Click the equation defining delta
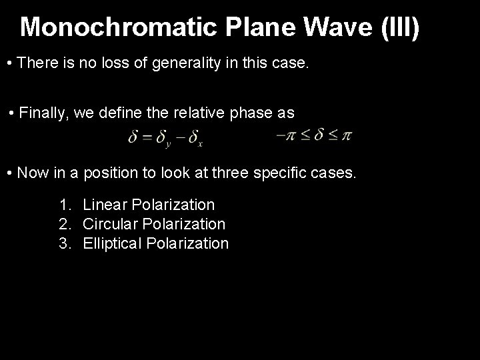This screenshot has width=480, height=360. point(165,139)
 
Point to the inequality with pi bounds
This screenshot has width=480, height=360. point(313,137)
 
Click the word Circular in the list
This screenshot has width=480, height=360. point(108,224)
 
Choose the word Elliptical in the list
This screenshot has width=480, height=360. point(111,243)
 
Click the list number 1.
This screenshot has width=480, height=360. point(64,205)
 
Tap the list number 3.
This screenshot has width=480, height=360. point(64,243)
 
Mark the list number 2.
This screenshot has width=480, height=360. point(64,224)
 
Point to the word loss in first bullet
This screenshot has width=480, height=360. point(103,64)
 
